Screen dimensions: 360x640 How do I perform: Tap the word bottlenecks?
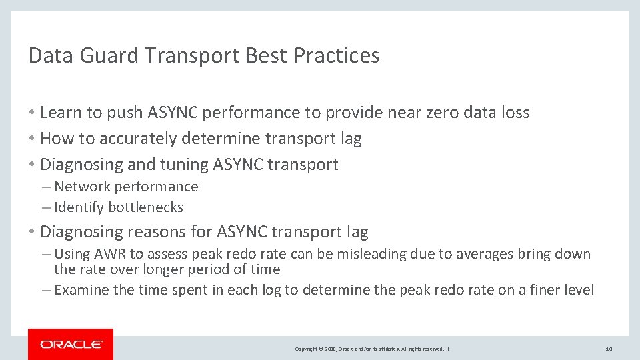pos(145,207)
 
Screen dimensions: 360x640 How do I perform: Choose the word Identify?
pos(79,207)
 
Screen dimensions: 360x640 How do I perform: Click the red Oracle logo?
pos(71,344)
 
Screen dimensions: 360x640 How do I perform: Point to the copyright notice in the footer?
pos(369,349)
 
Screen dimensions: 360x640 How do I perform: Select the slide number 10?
pos(608,349)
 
